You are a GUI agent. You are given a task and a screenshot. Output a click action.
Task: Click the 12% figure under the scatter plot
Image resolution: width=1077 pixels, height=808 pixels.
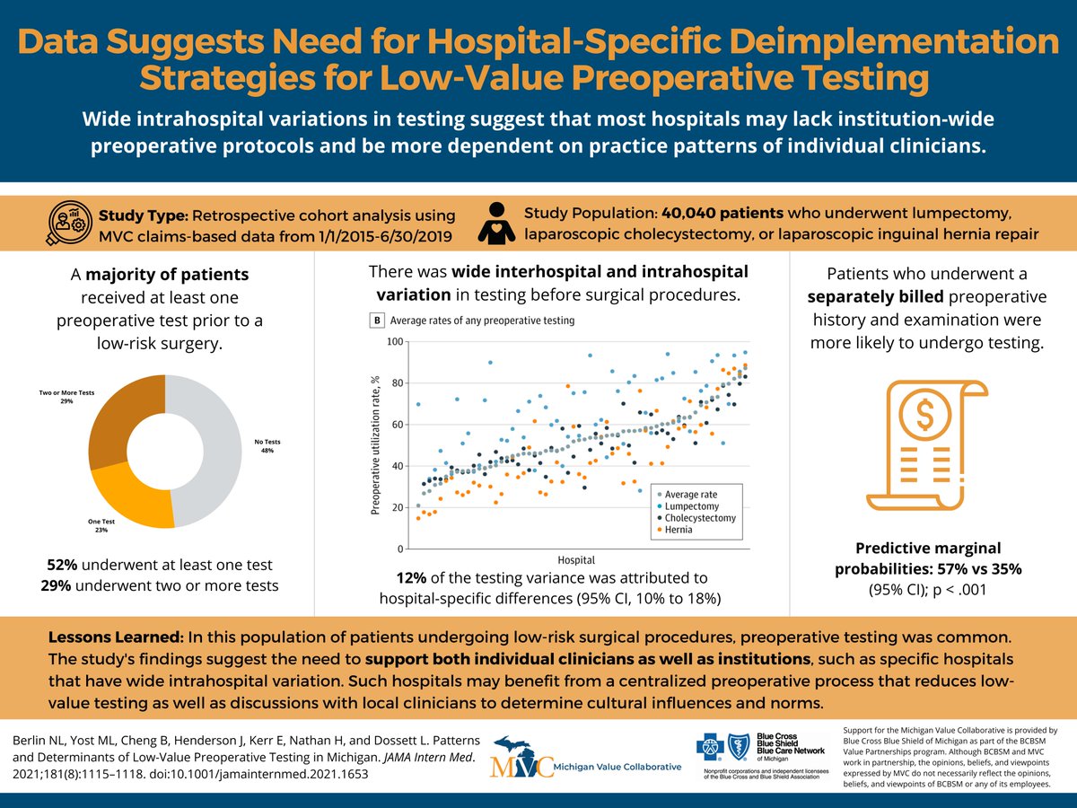point(412,577)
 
